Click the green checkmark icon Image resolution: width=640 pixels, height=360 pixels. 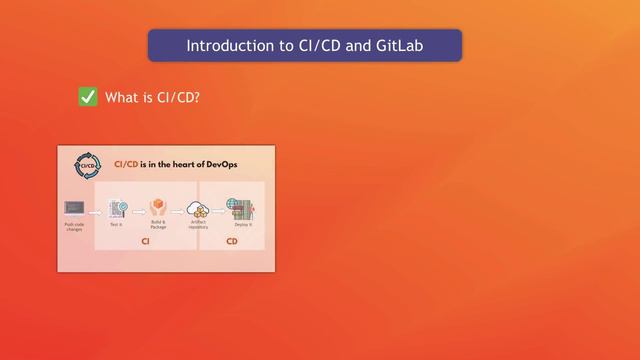coord(88,97)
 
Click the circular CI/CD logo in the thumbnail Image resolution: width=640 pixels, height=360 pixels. coord(86,164)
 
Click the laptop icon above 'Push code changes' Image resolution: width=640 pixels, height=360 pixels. coord(74,208)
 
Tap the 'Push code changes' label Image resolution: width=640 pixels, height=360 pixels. coord(74,228)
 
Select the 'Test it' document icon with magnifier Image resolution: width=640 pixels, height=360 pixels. coord(117,208)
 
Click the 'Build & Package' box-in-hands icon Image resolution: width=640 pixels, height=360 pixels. coord(157,208)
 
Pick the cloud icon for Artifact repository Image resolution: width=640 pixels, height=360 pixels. coord(198,209)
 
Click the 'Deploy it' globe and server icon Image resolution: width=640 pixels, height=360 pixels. coord(239,208)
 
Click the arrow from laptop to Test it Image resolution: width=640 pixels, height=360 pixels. coord(96,210)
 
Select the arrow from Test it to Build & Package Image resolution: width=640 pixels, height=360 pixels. coord(137,210)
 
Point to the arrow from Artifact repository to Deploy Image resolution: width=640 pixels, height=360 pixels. coord(218,210)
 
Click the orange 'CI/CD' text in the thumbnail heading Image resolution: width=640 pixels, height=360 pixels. coord(128,163)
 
